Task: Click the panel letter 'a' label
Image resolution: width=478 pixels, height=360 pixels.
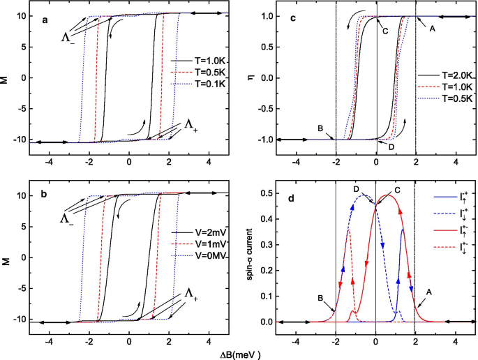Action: pyautogui.click(x=45, y=20)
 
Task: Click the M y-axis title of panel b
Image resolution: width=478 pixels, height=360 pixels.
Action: pyautogui.click(x=6, y=257)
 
